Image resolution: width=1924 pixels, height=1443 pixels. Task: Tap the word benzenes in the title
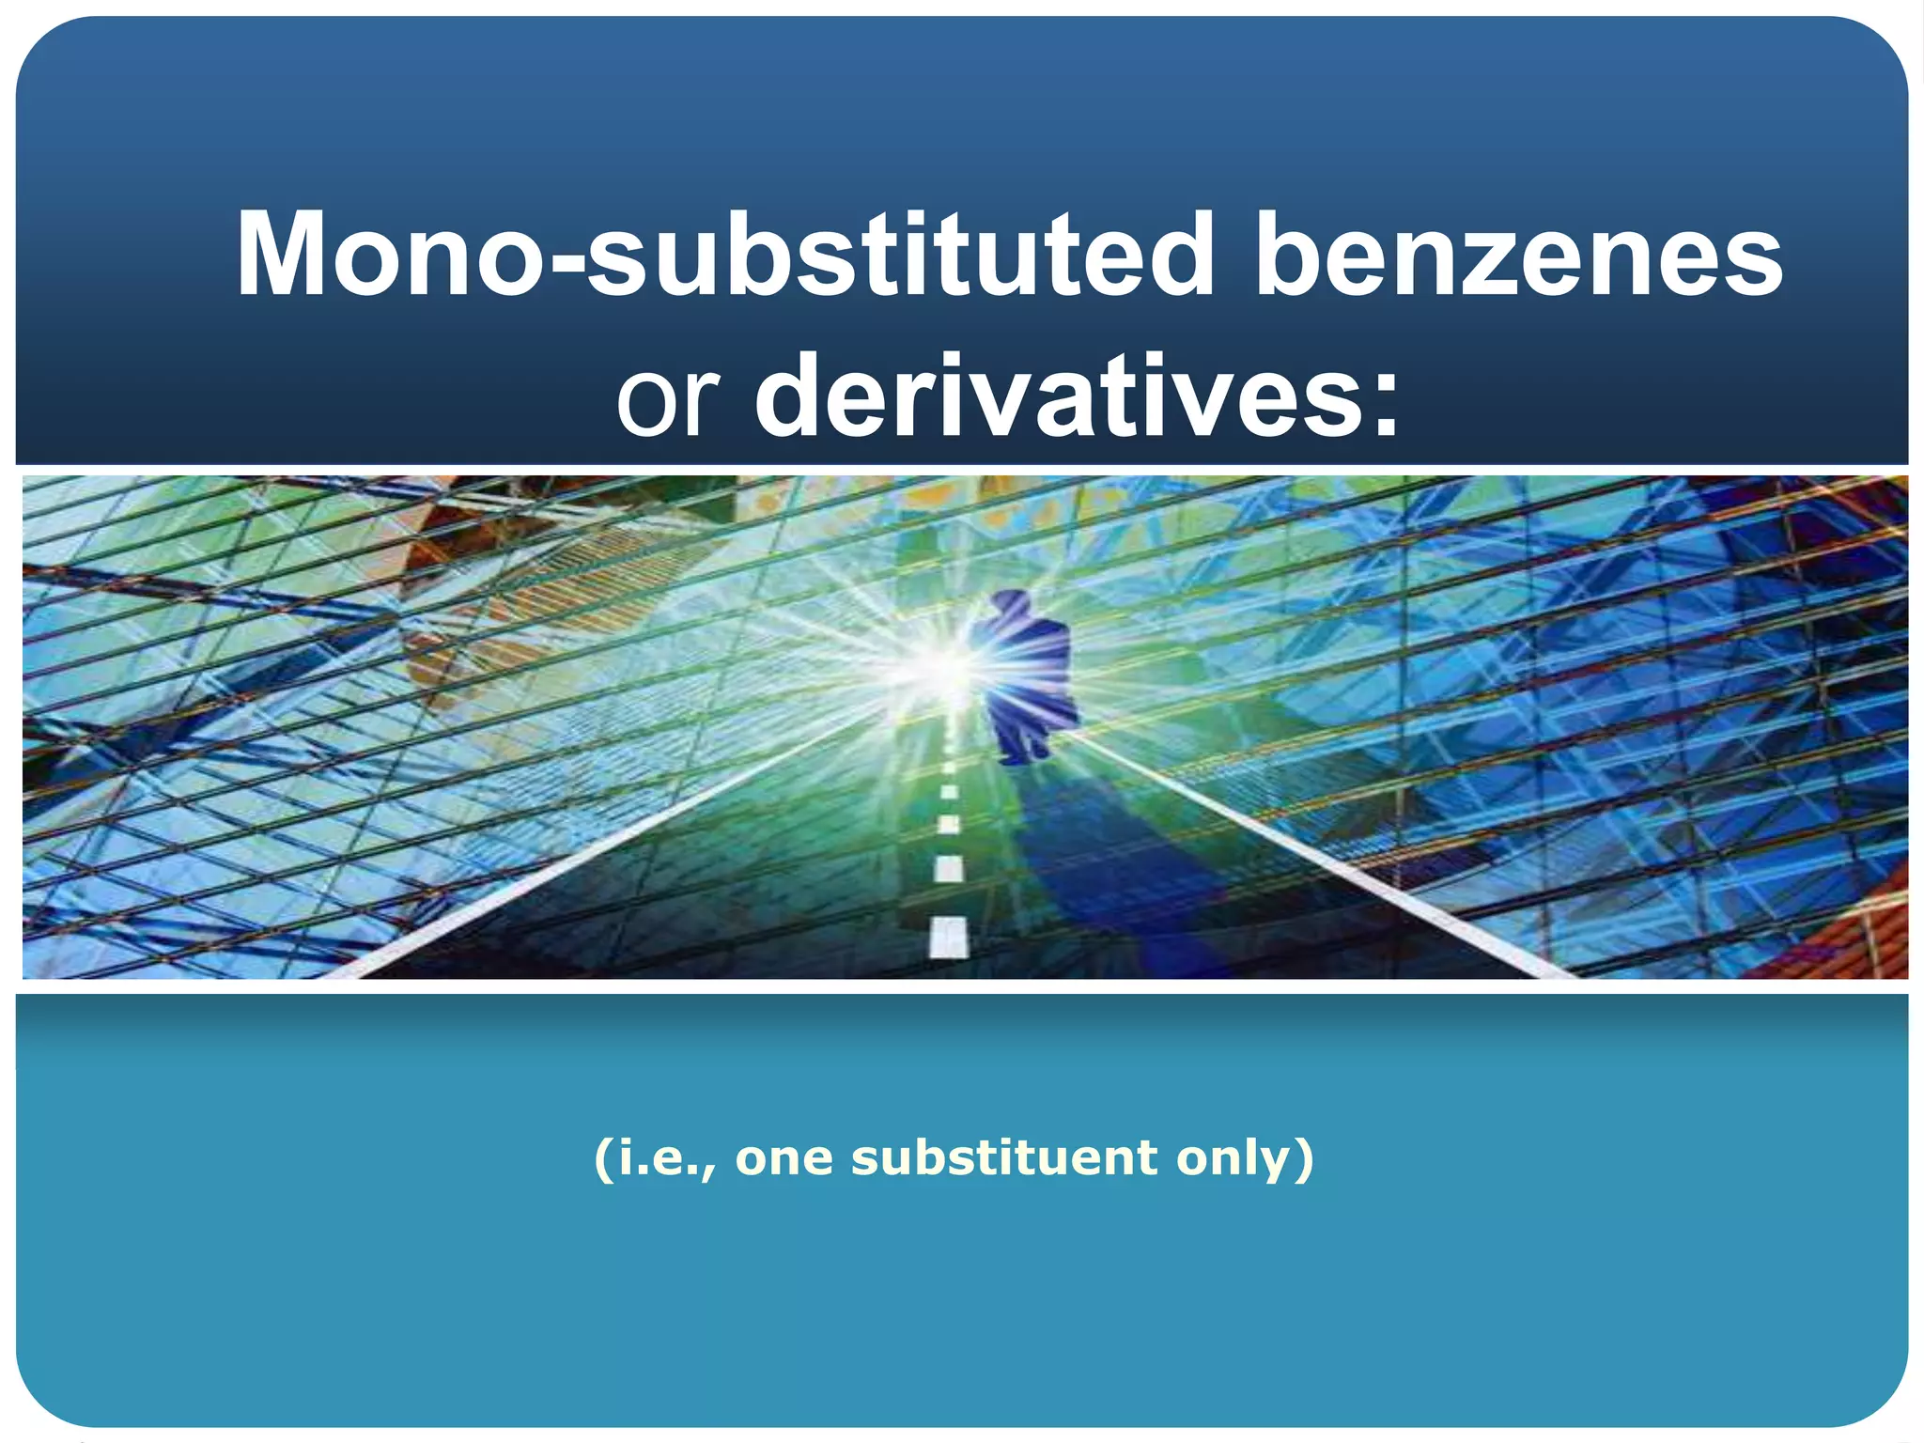[x=1518, y=256]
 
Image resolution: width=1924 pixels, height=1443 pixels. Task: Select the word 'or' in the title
[x=668, y=397]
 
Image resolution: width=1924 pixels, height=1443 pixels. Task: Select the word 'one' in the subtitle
[x=784, y=1158]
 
